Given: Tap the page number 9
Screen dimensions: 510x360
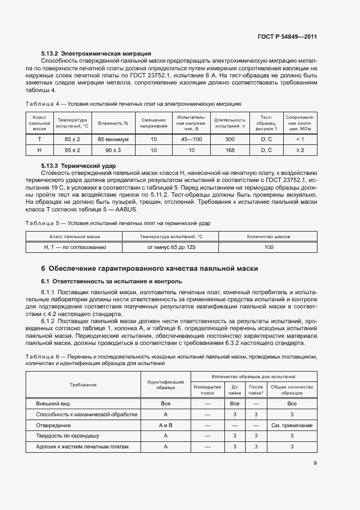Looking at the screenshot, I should [x=315, y=463].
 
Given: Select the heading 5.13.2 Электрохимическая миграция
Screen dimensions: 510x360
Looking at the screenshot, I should [x=96, y=53].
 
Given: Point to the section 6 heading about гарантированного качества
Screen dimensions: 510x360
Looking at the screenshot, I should [x=149, y=269].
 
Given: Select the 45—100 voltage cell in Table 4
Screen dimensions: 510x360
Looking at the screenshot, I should [x=191, y=139].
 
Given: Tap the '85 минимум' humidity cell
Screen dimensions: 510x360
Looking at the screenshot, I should [x=113, y=139].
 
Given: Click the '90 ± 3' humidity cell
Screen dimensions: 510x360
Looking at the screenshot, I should [x=113, y=150].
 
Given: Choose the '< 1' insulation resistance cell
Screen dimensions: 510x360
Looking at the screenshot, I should [x=300, y=139].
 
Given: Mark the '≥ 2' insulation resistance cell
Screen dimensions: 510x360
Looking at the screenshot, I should [x=300, y=150].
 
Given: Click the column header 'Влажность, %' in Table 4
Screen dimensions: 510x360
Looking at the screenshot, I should [x=113, y=123].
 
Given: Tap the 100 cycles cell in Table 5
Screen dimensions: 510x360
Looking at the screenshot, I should [x=269, y=247].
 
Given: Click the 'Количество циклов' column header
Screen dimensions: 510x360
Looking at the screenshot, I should [x=269, y=237].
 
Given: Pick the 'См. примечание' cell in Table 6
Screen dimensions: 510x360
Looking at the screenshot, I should [x=291, y=425].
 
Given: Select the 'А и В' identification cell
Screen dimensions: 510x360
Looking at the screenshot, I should [x=166, y=425].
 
